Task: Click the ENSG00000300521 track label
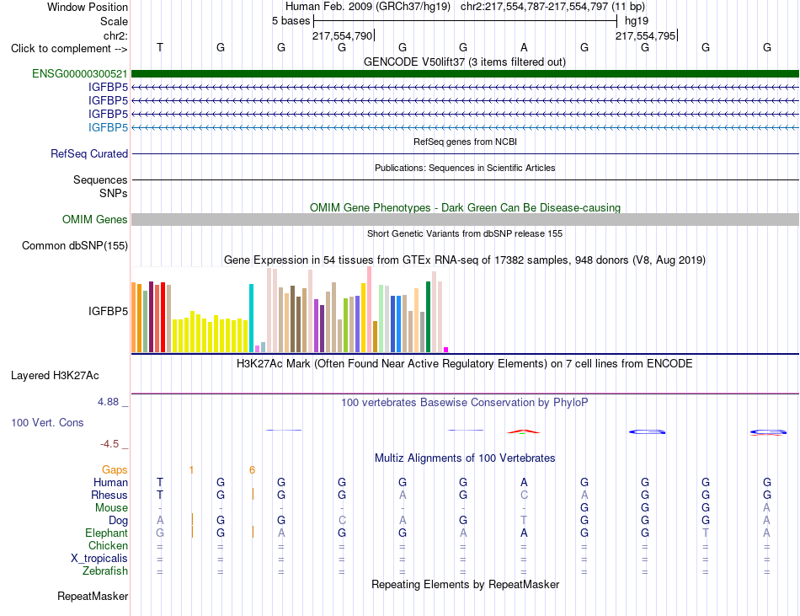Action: click(x=80, y=74)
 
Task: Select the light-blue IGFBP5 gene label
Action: click(x=108, y=127)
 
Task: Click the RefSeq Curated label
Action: click(x=89, y=153)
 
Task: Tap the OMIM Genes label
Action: click(x=95, y=219)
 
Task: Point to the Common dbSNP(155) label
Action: click(x=75, y=245)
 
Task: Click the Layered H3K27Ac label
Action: click(x=55, y=376)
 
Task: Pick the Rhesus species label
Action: click(x=109, y=495)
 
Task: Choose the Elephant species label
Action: click(x=107, y=533)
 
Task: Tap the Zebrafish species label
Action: click(x=105, y=570)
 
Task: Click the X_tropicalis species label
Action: click(x=99, y=559)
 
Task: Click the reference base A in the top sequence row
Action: click(x=524, y=47)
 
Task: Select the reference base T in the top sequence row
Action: click(x=160, y=47)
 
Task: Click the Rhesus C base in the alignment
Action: click(x=524, y=495)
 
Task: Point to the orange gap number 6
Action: click(x=252, y=469)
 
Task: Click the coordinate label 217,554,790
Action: click(x=343, y=35)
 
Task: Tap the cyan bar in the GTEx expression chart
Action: click(x=251, y=318)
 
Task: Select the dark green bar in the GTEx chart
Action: click(x=428, y=317)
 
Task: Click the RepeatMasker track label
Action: click(x=93, y=596)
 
